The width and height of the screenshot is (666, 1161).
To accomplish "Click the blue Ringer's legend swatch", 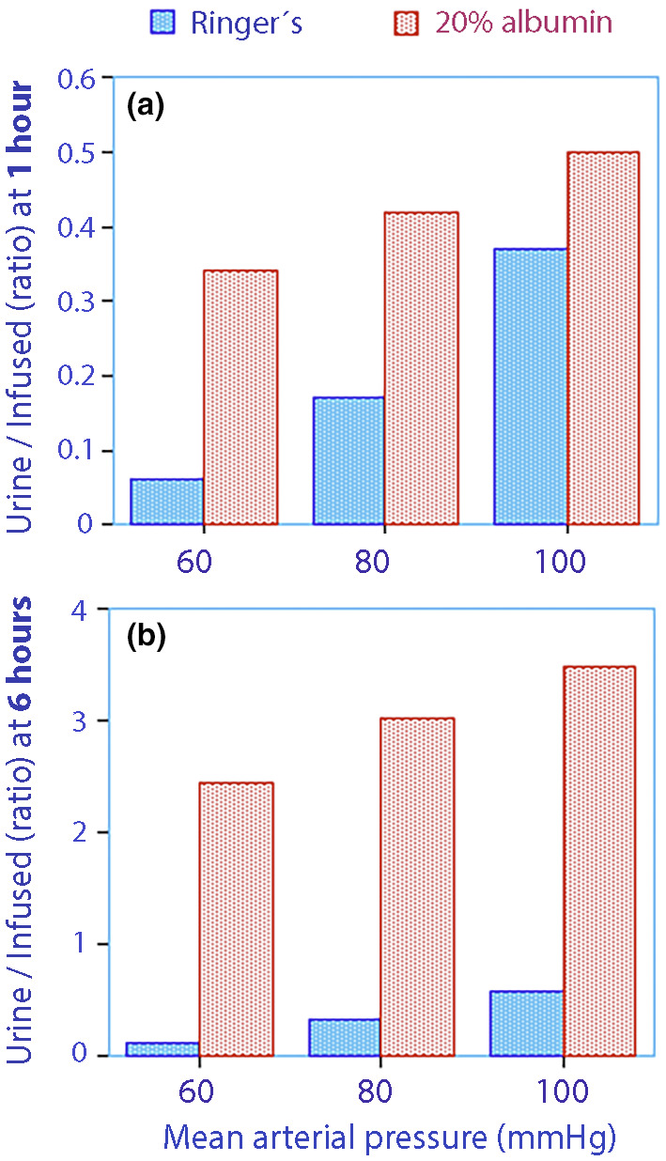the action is click(x=163, y=23).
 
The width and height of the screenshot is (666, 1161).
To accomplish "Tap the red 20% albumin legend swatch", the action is click(x=406, y=23).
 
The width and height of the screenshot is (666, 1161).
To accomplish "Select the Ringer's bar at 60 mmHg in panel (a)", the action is click(x=167, y=502).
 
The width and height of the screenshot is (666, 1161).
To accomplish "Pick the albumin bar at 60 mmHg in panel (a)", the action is click(x=240, y=397).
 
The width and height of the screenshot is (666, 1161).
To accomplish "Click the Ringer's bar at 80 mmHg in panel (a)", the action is click(x=348, y=461).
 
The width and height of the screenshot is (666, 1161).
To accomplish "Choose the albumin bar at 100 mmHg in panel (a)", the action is click(x=603, y=338).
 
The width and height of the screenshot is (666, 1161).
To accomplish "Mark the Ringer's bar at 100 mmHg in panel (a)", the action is click(x=531, y=387).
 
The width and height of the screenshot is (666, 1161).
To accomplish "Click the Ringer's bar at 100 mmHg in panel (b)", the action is click(x=527, y=1023).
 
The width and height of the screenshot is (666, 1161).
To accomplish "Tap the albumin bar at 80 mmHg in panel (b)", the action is click(x=418, y=964).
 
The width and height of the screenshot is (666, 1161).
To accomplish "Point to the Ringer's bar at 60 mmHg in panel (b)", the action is click(x=163, y=1048).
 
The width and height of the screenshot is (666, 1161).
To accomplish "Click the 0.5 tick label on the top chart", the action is click(x=76, y=153).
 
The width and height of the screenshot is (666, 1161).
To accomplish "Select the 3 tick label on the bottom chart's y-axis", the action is click(x=79, y=721).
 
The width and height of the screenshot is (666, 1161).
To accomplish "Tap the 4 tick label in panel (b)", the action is click(x=79, y=610).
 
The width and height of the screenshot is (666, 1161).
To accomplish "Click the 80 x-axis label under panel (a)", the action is click(x=372, y=562).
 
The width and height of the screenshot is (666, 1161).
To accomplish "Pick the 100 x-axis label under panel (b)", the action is click(x=563, y=1092).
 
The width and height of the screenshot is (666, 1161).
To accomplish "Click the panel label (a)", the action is click(x=146, y=107).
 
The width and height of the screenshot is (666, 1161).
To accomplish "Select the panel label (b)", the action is click(x=147, y=636).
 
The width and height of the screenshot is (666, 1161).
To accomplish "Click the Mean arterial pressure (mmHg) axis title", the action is click(x=390, y=1138).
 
